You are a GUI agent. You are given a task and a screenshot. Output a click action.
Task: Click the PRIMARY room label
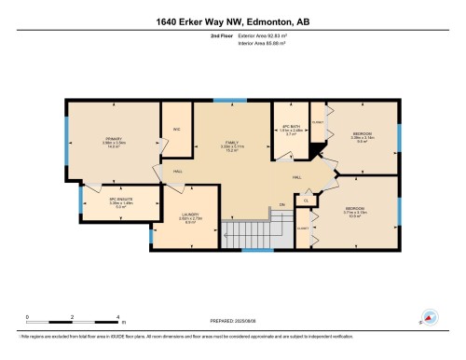(115, 139)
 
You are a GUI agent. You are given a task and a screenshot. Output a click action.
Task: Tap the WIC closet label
(174, 130)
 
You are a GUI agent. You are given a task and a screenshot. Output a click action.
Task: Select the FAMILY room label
(231, 143)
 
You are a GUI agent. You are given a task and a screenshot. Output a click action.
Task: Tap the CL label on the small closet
(307, 200)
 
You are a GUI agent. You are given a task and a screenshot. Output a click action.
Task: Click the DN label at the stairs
(281, 204)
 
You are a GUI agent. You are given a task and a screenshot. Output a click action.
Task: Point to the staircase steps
(249, 230)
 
